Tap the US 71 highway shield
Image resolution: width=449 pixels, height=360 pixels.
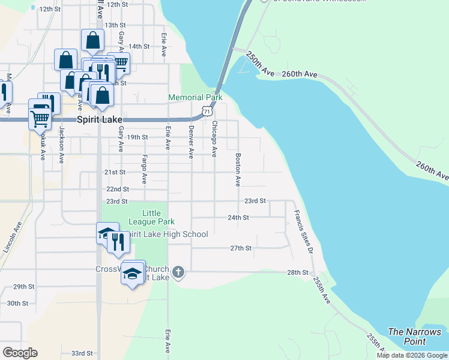pos(207,111)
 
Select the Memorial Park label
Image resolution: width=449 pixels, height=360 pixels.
pos(195,97)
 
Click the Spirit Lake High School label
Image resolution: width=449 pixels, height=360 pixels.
pos(168,234)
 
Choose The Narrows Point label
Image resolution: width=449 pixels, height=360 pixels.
pos(415,337)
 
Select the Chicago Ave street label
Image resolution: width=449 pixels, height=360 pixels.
pos(214,139)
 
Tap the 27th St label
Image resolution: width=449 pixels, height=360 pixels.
pos(241,248)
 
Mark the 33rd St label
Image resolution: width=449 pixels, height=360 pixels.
pos(82,353)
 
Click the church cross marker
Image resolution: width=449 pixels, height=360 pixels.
pos(178,273)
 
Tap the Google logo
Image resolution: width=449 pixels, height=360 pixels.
pos(20,353)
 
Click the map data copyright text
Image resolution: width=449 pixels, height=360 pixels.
pos(412,355)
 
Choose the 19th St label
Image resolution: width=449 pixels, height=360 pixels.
pos(137,137)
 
